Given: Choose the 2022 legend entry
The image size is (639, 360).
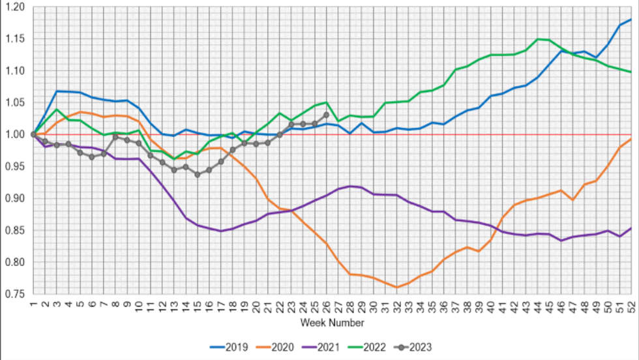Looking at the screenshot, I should pos(376,348).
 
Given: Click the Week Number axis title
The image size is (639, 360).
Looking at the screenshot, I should pos(332,323).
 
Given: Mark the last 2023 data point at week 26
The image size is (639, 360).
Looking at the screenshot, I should pos(326,115).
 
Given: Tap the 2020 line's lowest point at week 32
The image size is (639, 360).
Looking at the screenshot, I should pos(396,288).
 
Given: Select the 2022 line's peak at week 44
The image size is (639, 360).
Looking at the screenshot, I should pos(537,39).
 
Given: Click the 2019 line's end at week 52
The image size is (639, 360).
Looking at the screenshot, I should pos(631,20).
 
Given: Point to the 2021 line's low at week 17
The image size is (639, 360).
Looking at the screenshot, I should pos(220,231).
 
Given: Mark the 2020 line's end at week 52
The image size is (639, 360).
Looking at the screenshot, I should pos(631,138).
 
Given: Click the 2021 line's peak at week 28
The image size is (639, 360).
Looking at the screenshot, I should pos(349,187).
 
